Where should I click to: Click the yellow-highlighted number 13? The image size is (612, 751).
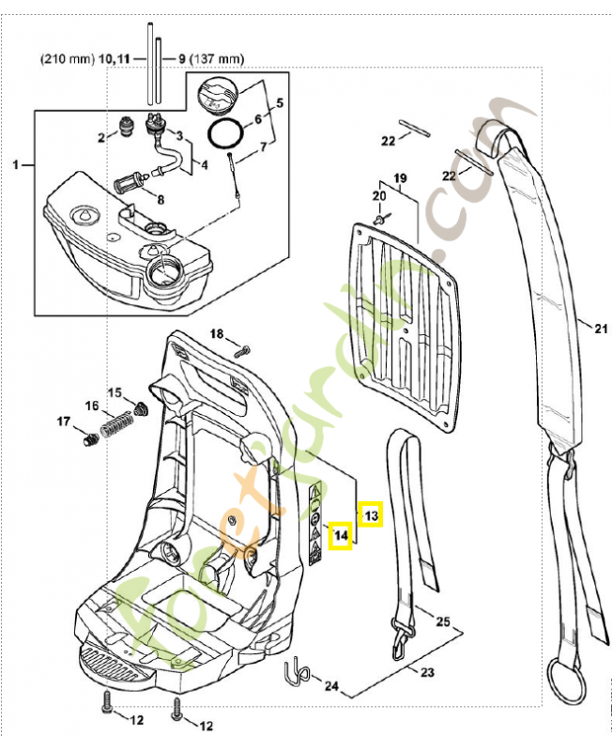tap(371, 514)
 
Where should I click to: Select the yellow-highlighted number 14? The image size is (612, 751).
tap(343, 537)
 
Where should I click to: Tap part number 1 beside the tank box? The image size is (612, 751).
tap(16, 165)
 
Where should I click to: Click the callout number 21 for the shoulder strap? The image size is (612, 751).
tap(602, 328)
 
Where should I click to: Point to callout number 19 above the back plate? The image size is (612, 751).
tap(399, 178)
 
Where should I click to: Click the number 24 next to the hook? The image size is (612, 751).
tap(330, 686)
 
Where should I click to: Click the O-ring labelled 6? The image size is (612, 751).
tap(226, 133)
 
